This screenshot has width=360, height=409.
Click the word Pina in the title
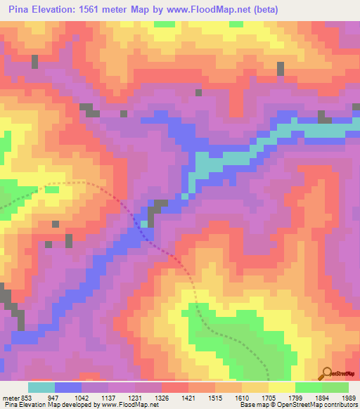coord(22,10)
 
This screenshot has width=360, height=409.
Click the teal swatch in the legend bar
coord(41,387)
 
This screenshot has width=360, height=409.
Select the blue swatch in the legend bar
coord(68,387)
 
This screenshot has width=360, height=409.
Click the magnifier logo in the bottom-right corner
coord(327,372)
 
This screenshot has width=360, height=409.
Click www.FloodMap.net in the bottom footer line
coord(129,405)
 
